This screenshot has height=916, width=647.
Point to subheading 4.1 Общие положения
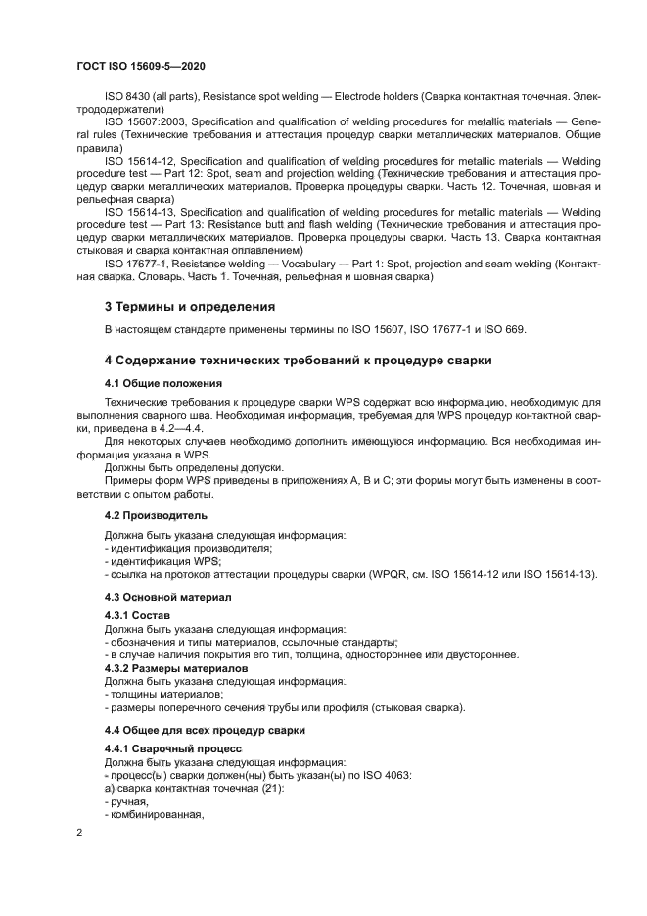click(x=162, y=382)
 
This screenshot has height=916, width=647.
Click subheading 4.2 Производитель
click(x=156, y=515)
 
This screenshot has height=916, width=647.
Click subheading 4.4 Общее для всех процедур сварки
click(x=205, y=731)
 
